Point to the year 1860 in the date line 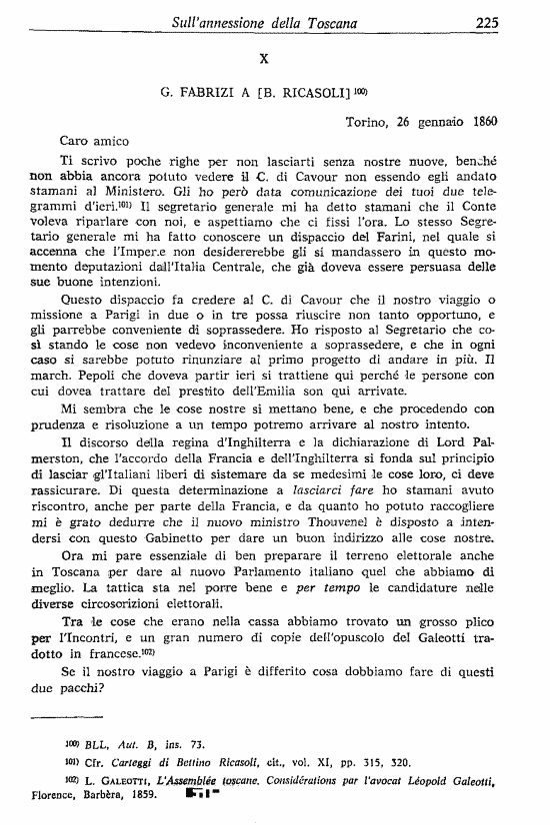pos(482,123)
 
